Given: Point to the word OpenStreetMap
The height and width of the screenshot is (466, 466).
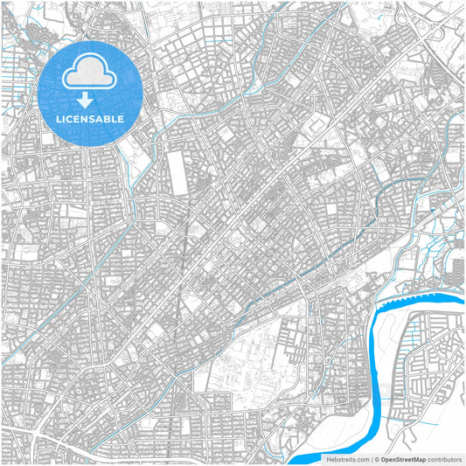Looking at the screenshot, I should [403, 458].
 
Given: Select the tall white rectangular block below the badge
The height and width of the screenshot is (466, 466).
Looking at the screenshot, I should [179, 173].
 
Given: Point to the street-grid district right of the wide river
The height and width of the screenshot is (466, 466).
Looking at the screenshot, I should [428, 367].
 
